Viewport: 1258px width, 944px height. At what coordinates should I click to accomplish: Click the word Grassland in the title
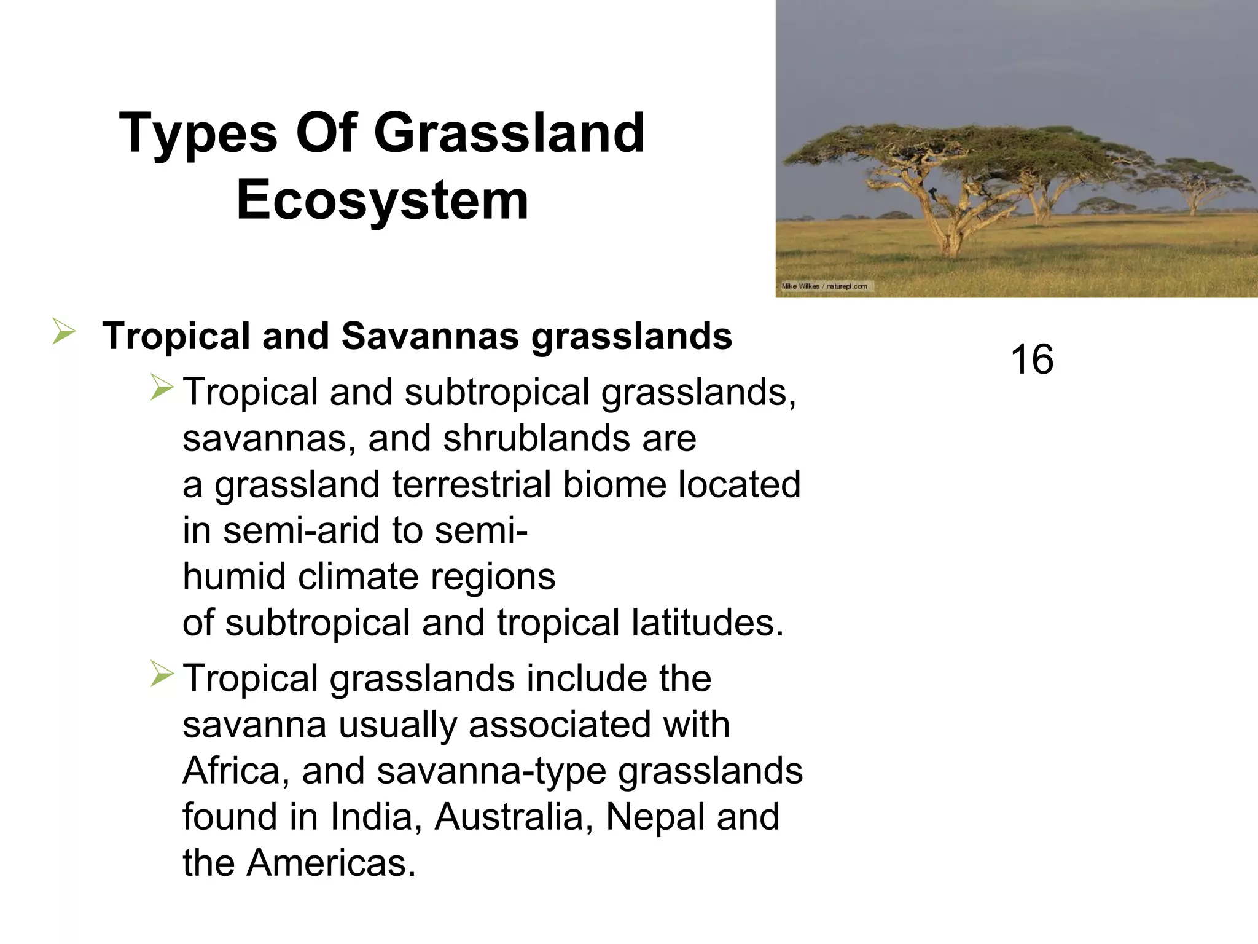pos(509,133)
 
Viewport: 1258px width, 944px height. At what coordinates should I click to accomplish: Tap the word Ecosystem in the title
pos(382,200)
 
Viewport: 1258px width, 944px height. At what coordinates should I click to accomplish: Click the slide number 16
pos(1032,360)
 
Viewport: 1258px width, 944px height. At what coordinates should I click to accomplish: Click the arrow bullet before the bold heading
pos(63,332)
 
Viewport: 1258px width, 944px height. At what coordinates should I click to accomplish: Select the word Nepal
pos(653,817)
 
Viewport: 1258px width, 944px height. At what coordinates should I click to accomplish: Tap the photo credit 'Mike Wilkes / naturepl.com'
pos(824,286)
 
